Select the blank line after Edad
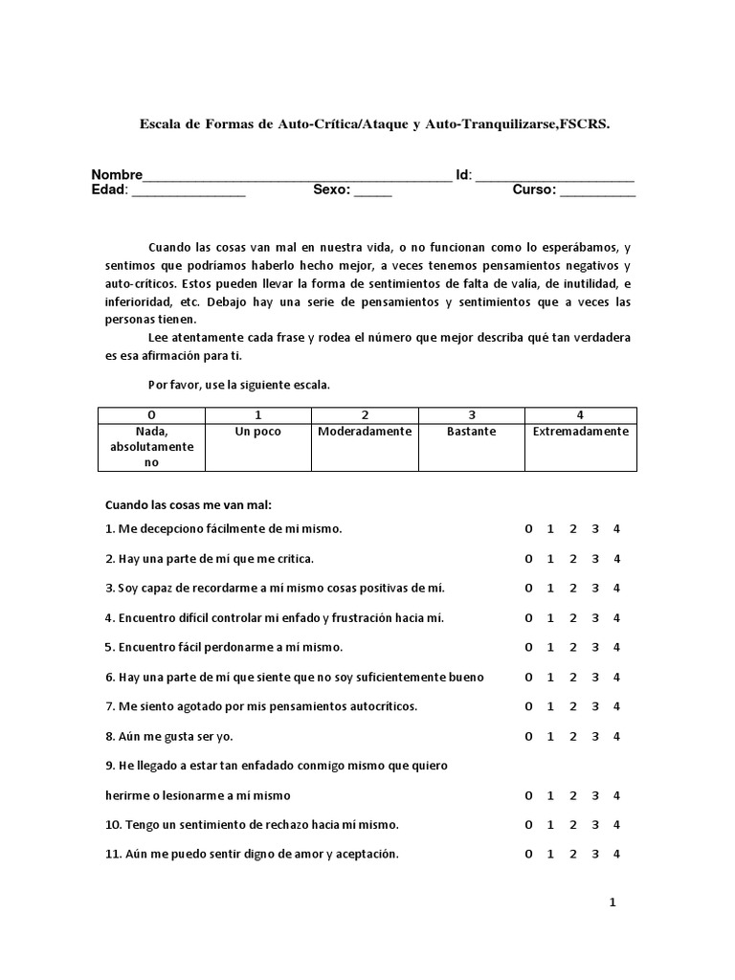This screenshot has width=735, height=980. click(x=189, y=194)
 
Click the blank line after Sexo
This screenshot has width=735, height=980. click(x=373, y=194)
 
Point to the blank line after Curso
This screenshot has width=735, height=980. click(x=597, y=194)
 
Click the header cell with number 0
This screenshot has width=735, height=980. click(x=152, y=415)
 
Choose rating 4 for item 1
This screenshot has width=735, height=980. click(x=617, y=529)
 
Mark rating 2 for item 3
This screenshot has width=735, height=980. click(x=572, y=589)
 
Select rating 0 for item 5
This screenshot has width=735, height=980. click(x=527, y=648)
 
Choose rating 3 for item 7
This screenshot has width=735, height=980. click(x=595, y=707)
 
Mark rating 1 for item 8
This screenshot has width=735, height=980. click(x=550, y=737)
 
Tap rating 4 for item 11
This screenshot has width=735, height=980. click(x=617, y=855)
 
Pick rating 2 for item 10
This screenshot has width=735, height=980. click(x=572, y=825)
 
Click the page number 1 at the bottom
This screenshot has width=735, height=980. click(x=613, y=902)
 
